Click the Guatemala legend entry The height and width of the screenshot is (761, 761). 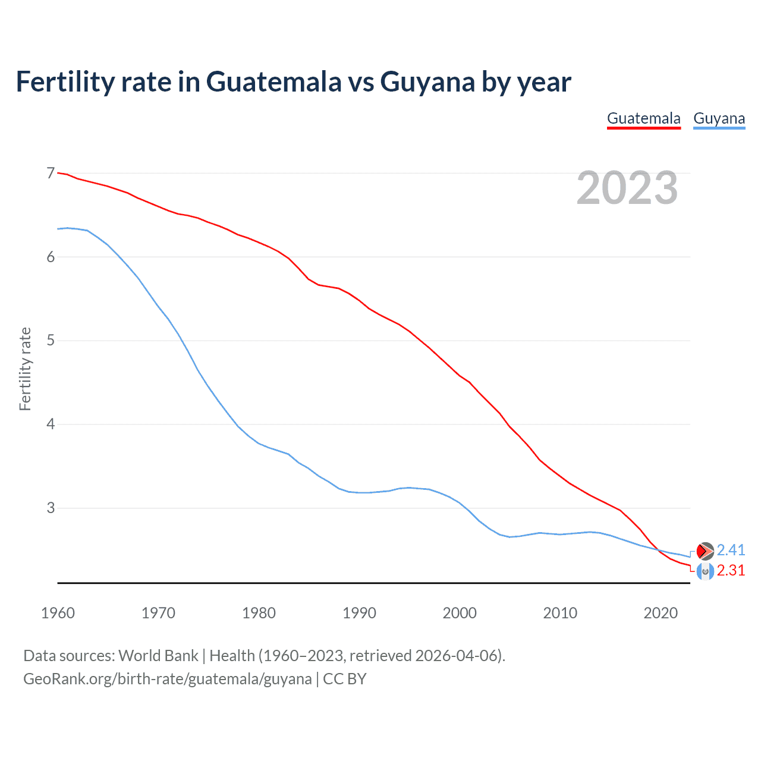643,118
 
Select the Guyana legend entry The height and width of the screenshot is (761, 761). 719,118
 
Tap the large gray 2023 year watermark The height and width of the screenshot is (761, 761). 627,188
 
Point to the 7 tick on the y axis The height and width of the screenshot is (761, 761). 51,173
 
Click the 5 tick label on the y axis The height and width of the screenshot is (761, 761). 51,341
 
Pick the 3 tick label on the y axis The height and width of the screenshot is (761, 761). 51,508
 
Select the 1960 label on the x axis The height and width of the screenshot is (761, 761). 58,613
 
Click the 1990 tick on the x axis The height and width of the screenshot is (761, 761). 359,613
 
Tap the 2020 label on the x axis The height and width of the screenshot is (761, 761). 661,613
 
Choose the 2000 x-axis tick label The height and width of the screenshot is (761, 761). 460,613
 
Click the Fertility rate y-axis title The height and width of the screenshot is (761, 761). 25,369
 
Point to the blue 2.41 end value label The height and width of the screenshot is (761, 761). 731,550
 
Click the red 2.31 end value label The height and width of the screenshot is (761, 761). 731,570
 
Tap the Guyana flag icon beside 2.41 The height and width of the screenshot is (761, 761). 705,551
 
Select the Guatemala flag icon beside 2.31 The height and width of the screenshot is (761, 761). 705,571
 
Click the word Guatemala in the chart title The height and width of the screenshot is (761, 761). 274,81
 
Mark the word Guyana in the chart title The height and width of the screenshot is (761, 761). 427,81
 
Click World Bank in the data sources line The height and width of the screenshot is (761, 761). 158,656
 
